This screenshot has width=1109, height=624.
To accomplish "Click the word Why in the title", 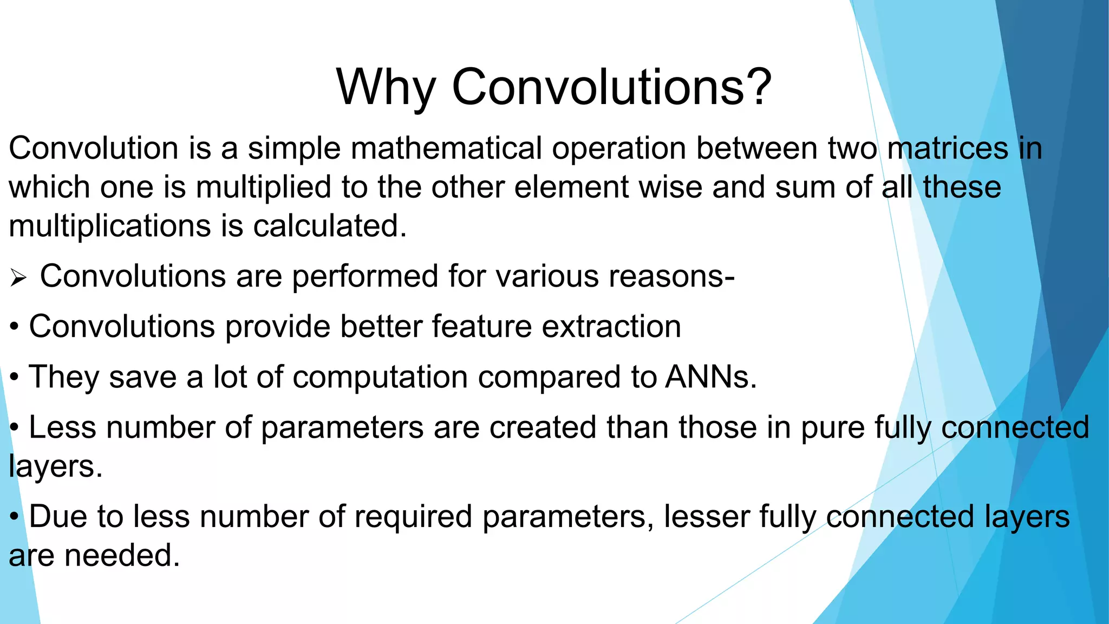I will pyautogui.click(x=386, y=88).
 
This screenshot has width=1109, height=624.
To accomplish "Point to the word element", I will pyautogui.click(x=571, y=187).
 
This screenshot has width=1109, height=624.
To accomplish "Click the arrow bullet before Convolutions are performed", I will pyautogui.click(x=18, y=278).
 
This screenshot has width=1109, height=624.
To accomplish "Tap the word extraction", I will pyautogui.click(x=611, y=327).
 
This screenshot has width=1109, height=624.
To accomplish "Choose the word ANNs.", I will pyautogui.click(x=710, y=377).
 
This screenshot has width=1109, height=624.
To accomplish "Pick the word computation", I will pyautogui.click(x=380, y=378).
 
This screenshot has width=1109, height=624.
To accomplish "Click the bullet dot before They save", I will pyautogui.click(x=15, y=378).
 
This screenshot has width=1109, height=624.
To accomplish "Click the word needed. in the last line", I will pyautogui.click(x=122, y=556).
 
